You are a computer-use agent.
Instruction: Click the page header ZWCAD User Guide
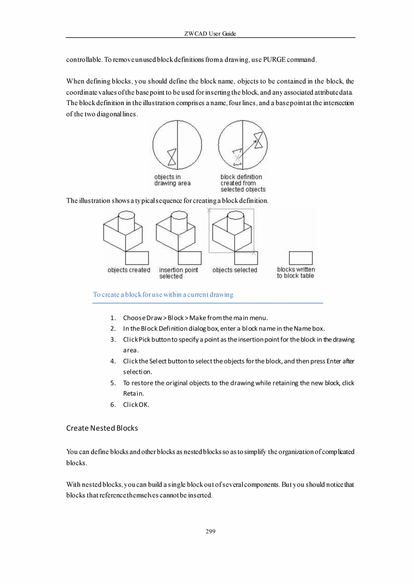(x=210, y=34)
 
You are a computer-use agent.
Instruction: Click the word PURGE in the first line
(x=271, y=60)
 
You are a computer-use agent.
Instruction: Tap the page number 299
(x=210, y=531)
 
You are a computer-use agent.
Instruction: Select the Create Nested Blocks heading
(x=102, y=428)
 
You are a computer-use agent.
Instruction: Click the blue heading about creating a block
(x=163, y=295)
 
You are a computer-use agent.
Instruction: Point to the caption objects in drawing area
(x=172, y=180)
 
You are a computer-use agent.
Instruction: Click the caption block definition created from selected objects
(x=243, y=183)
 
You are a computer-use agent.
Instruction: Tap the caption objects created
(x=129, y=270)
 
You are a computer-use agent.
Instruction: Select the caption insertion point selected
(x=178, y=273)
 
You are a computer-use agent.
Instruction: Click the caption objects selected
(x=234, y=270)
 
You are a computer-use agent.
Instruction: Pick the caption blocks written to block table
(x=296, y=273)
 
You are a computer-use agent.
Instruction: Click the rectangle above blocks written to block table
(x=301, y=258)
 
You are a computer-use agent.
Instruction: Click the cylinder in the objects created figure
(x=126, y=221)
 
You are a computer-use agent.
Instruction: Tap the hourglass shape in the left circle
(x=171, y=157)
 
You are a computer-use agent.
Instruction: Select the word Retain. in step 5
(x=133, y=394)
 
